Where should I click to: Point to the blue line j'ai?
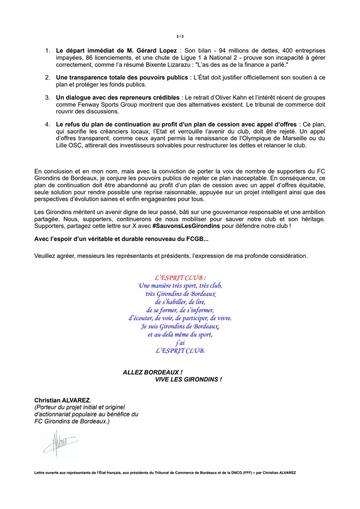click(x=180, y=343)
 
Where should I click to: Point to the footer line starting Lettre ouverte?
click(x=165, y=472)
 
